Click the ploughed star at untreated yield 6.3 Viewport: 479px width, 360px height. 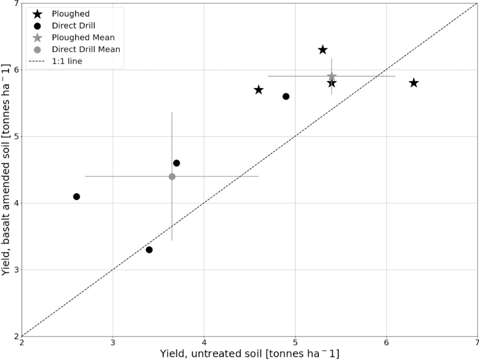click(414, 83)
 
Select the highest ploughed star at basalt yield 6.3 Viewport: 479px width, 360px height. click(323, 50)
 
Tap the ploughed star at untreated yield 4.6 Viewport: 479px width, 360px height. click(258, 90)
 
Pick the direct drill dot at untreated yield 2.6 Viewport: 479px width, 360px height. click(76, 196)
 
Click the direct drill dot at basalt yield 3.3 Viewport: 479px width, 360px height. click(149, 250)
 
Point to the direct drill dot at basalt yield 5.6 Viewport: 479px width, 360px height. click(286, 97)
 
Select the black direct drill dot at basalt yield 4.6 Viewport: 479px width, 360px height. click(177, 163)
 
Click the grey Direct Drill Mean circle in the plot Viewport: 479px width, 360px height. click(172, 176)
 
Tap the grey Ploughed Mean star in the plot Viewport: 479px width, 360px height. click(332, 76)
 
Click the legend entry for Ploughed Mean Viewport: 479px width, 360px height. click(83, 38)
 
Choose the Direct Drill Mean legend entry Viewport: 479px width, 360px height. click(86, 49)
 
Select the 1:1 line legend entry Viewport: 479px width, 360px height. click(67, 61)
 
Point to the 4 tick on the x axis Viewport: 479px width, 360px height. click(204, 342)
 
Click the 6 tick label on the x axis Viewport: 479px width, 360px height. click(386, 342)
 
